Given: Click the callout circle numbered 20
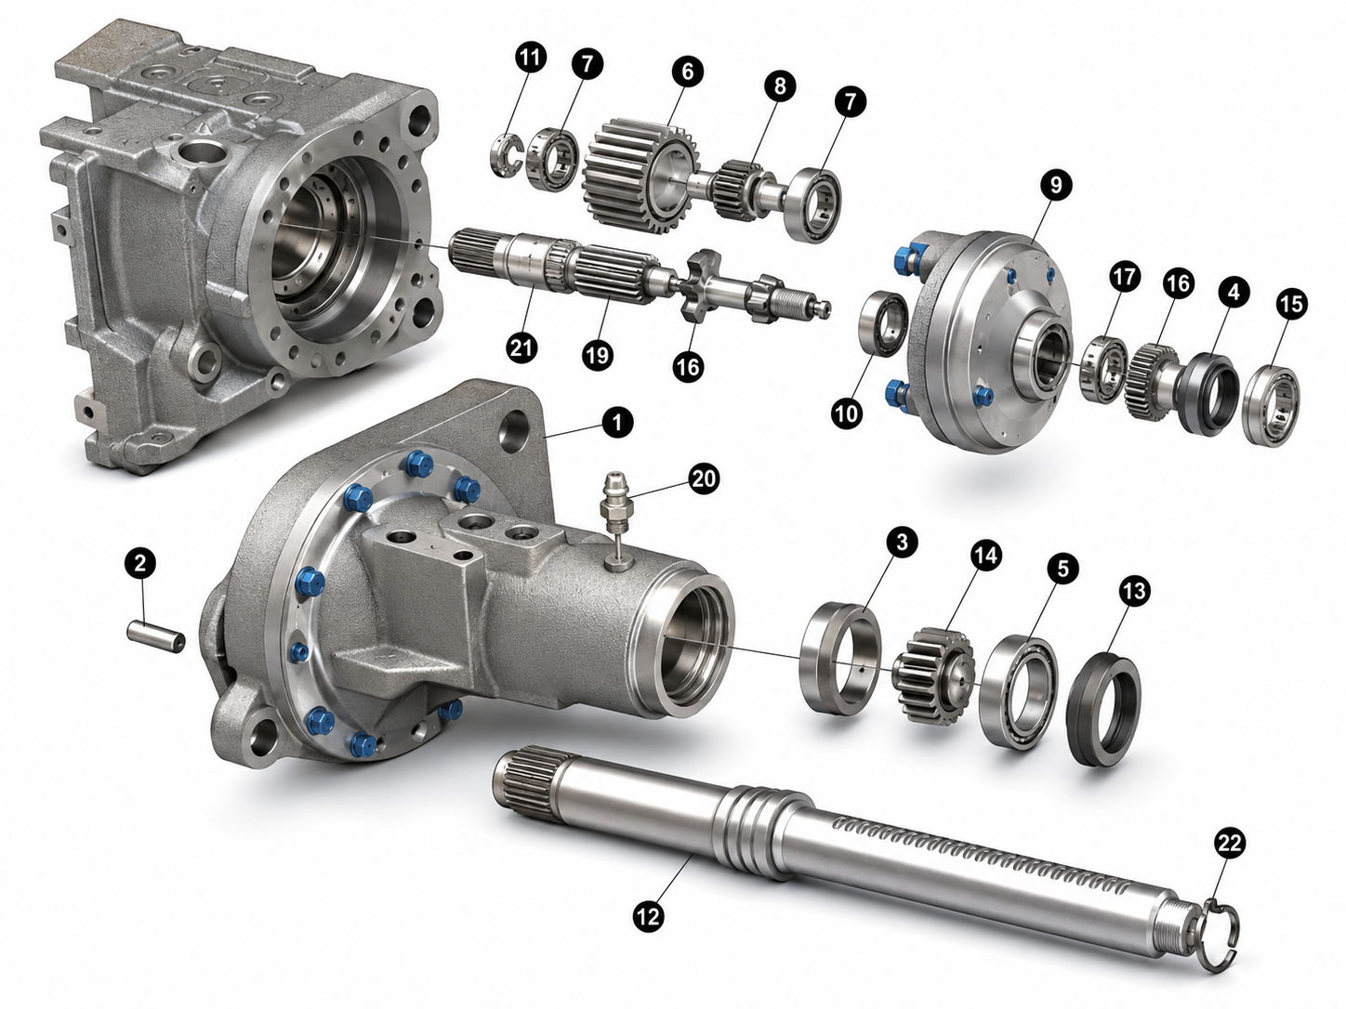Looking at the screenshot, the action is click(704, 478).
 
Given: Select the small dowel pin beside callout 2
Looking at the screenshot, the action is click(156, 636).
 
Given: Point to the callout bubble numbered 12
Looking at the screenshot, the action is click(649, 915).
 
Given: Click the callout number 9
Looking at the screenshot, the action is click(1055, 185).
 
